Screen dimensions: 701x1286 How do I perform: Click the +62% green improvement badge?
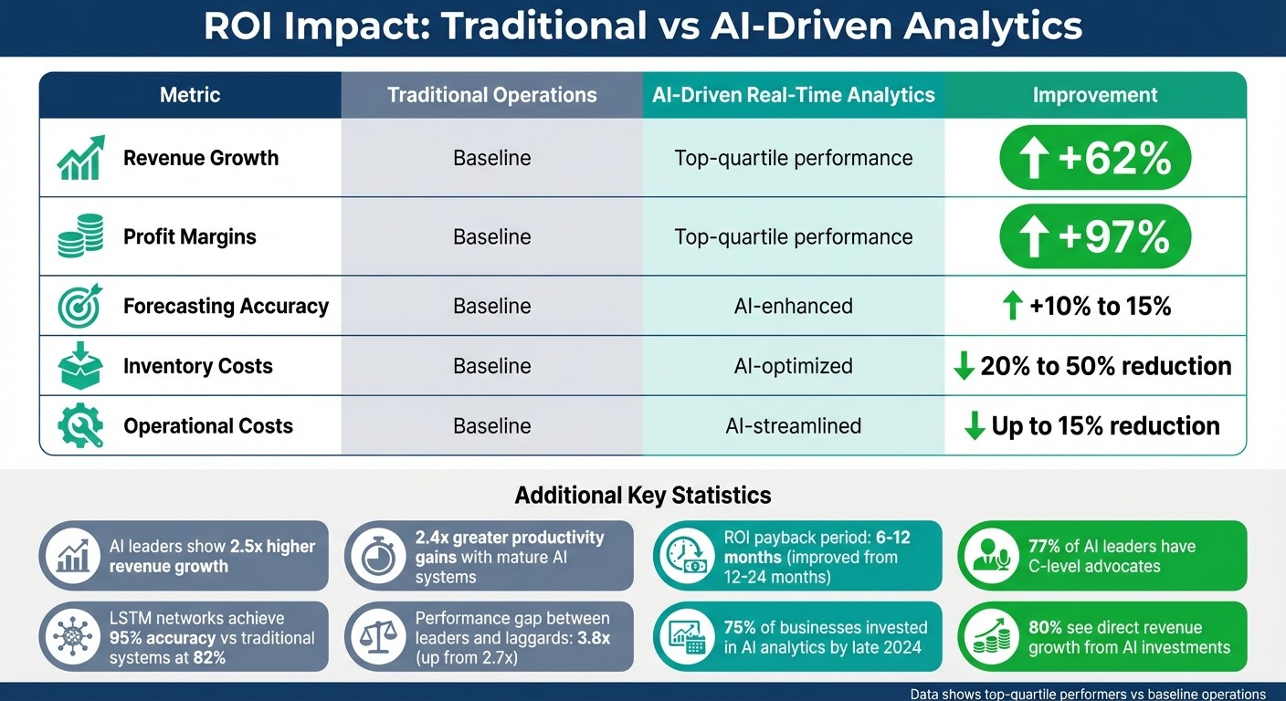pos(1094,158)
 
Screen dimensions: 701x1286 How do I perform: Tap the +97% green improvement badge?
pos(1094,236)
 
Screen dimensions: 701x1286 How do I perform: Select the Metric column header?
pos(190,95)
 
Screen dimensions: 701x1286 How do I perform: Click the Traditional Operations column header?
pos(491,95)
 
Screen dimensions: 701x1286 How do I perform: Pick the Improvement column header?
pos(1094,95)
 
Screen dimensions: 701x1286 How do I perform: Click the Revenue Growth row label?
pos(200,158)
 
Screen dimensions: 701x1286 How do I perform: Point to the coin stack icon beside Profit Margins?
pos(80,236)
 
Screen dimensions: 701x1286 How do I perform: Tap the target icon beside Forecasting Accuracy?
pos(80,306)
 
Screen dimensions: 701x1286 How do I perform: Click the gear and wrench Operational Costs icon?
pos(80,425)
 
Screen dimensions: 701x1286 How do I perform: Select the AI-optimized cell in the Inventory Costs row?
pos(793,366)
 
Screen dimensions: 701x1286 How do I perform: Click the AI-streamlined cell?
pos(793,425)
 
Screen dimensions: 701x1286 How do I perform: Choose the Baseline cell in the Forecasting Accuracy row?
pos(491,306)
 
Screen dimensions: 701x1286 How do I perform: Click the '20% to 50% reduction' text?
pos(1105,366)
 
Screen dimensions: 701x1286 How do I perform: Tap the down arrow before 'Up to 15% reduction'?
pos(975,425)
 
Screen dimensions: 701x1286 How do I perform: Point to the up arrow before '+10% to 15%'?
pos(1012,306)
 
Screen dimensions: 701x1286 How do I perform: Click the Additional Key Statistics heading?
pos(642,496)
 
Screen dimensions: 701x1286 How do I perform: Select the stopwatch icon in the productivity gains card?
pos(378,556)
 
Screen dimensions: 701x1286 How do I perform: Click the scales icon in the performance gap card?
pos(378,636)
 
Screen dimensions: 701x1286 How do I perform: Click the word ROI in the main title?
pos(241,26)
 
